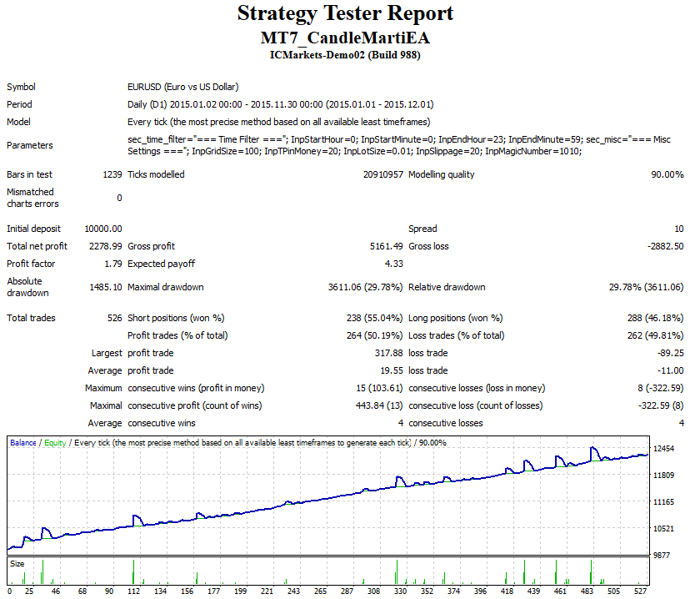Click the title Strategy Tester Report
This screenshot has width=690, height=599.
[x=345, y=13]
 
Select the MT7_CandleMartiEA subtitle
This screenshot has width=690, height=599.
[x=345, y=38]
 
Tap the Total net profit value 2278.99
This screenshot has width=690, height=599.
[x=106, y=246]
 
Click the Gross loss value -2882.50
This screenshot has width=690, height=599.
[x=665, y=246]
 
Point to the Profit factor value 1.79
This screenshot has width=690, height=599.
[x=113, y=264]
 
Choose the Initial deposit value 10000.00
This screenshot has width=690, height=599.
[x=103, y=229]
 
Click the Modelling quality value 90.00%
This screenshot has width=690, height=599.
[x=667, y=174]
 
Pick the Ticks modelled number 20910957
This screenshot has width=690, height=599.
[x=382, y=174]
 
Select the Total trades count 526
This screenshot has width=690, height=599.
[x=115, y=318]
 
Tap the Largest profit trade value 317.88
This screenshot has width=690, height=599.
[x=389, y=353]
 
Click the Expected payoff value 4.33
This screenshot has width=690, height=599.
[x=394, y=264]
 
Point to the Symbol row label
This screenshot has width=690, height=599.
[x=21, y=88]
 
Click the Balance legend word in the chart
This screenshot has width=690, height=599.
[x=23, y=443]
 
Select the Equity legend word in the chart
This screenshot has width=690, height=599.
[x=55, y=443]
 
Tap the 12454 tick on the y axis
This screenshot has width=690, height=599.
[x=663, y=448]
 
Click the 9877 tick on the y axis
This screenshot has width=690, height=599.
[x=662, y=555]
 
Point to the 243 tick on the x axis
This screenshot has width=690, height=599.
[x=293, y=591]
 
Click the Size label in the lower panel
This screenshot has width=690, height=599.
[x=17, y=564]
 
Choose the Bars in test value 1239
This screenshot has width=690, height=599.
[x=112, y=174]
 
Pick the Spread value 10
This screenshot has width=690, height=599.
[x=679, y=229]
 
